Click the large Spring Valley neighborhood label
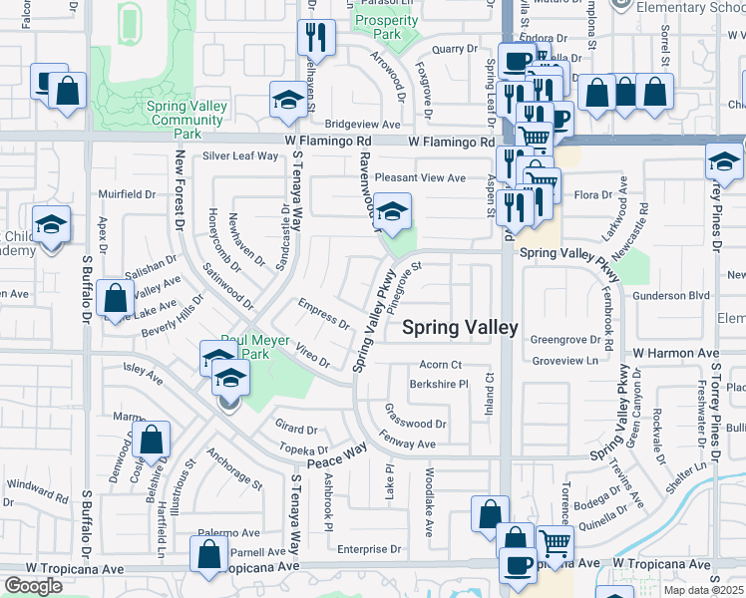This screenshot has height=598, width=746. click(460, 327)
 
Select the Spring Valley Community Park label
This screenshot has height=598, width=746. click(187, 114)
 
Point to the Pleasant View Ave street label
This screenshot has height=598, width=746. click(420, 177)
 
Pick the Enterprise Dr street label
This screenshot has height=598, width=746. click(368, 548)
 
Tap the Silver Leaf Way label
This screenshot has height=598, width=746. click(240, 155)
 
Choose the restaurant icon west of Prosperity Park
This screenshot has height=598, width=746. click(316, 38)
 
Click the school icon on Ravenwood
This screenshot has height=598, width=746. click(394, 211)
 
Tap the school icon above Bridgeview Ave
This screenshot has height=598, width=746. click(288, 100)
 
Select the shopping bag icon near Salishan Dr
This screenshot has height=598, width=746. click(117, 297)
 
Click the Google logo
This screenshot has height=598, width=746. click(34, 586)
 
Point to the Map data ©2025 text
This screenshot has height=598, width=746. click(703, 590)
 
